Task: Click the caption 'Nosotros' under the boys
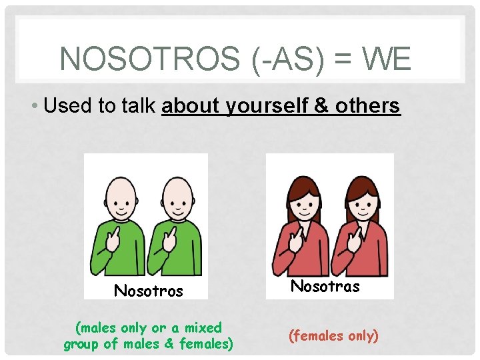coord(149,291)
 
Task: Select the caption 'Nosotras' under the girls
coord(326,287)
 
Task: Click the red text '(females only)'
coord(333,335)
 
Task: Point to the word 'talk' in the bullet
coord(139,106)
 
